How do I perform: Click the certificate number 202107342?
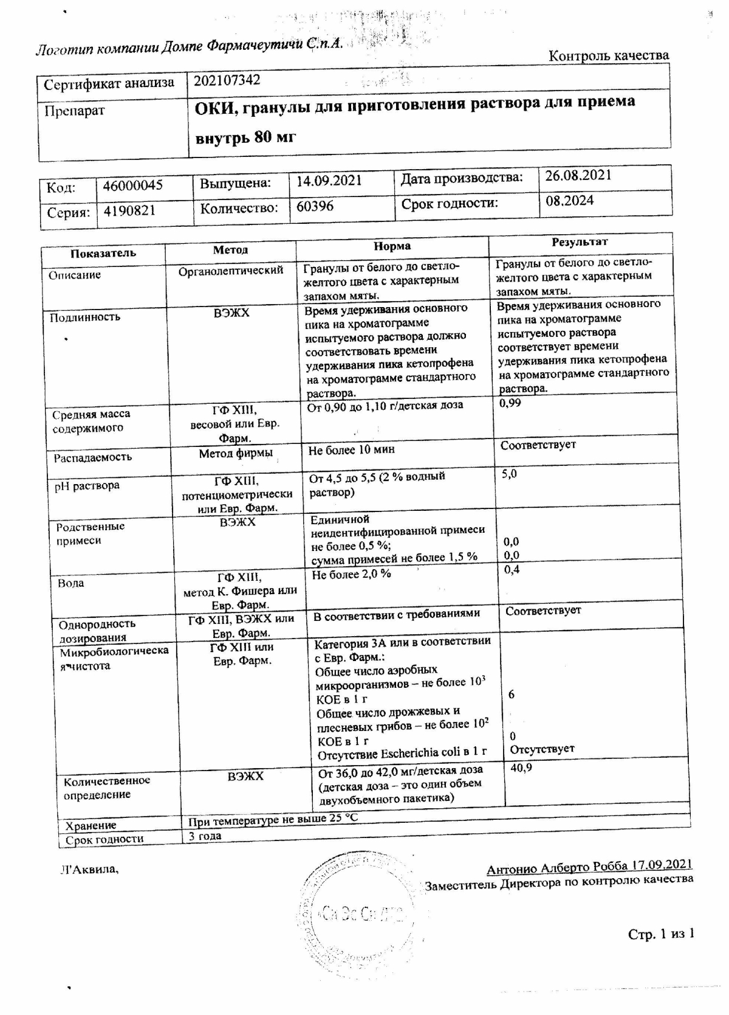tap(227, 80)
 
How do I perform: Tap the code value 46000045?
tap(132, 185)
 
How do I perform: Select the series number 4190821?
tap(129, 210)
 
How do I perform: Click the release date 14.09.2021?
tap(329, 181)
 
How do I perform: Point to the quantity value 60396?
tap(315, 206)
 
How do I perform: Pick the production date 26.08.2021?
tap(578, 176)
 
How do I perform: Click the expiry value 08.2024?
tap(569, 201)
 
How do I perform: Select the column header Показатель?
tap(103, 253)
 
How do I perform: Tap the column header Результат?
tap(579, 242)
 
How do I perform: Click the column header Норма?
tap(392, 246)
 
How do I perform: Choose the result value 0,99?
tap(510, 403)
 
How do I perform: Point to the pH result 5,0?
tap(509, 474)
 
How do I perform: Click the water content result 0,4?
tap(512, 570)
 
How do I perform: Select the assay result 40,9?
tap(521, 768)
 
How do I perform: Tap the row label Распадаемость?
tap(92, 457)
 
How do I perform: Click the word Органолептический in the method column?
tap(230, 270)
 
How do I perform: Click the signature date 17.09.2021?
tap(661, 865)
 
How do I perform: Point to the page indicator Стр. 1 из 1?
tap(660, 934)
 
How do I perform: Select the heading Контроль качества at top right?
tap(609, 56)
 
